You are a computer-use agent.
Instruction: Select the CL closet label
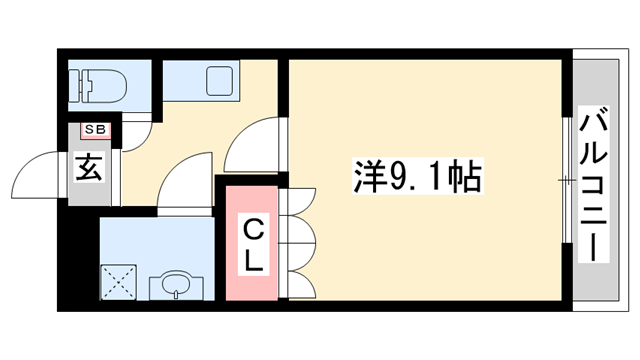coord(253,246)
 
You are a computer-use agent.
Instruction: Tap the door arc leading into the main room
coord(255,145)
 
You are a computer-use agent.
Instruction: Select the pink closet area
coord(252,245)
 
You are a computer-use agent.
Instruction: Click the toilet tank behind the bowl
coord(79,85)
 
